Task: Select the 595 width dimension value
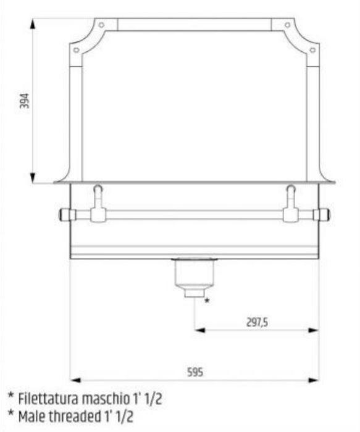(195, 372)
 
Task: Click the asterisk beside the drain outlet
(207, 301)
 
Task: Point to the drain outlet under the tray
(195, 278)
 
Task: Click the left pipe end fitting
(65, 215)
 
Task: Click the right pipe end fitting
(323, 215)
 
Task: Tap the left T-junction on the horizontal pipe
(98, 215)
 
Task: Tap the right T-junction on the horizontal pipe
(290, 215)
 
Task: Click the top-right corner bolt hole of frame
(288, 25)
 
